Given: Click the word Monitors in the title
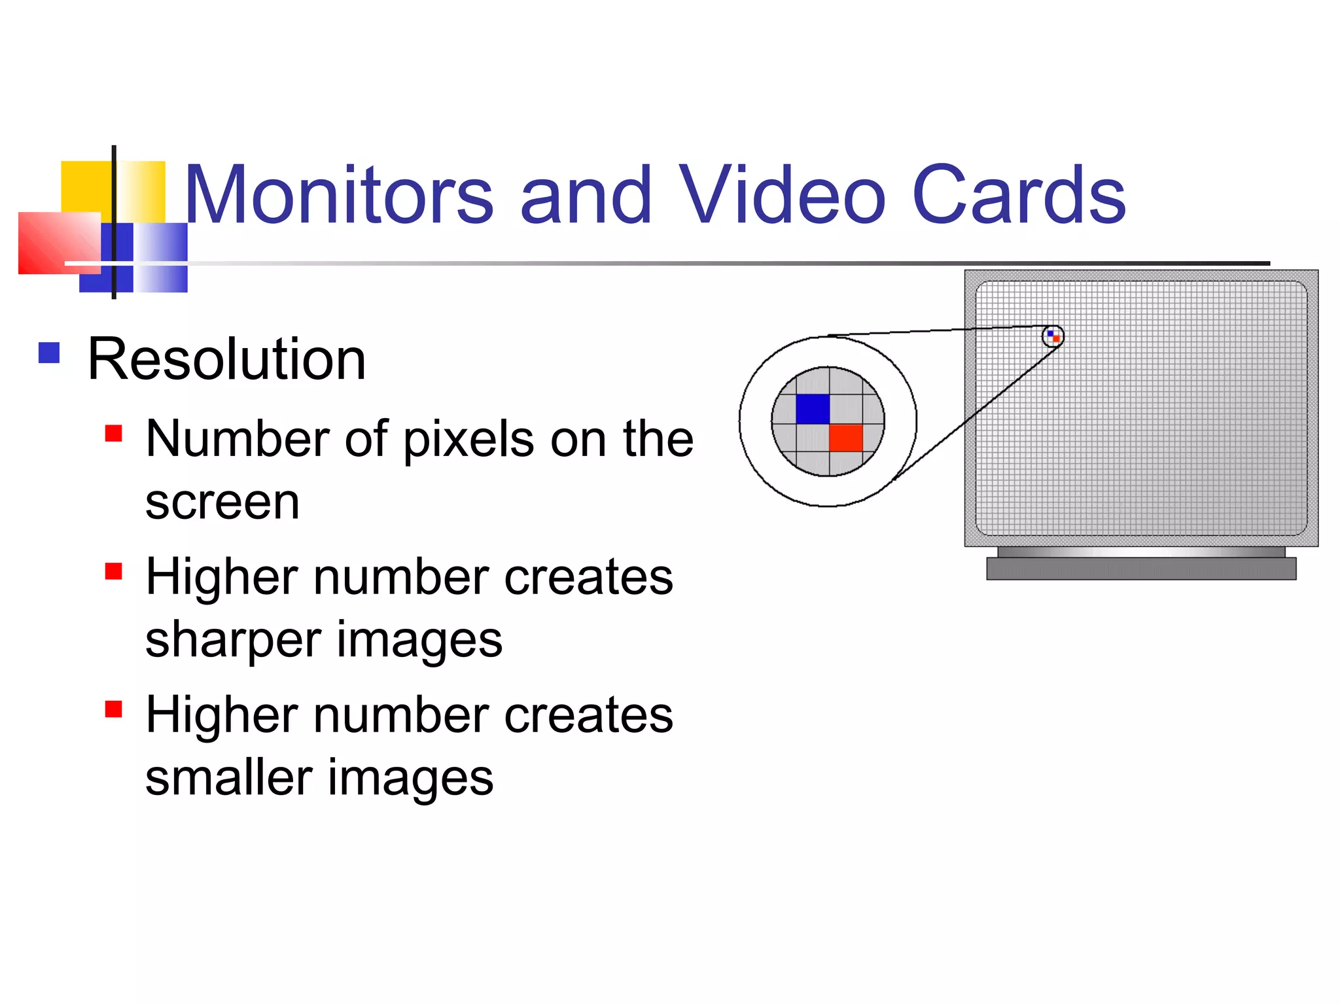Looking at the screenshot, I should tap(338, 195).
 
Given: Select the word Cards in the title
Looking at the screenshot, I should tap(1019, 195).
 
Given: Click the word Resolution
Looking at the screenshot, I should tap(226, 359).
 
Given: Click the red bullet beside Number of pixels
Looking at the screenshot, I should tap(114, 434).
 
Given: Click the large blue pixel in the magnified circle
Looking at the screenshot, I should tap(813, 409).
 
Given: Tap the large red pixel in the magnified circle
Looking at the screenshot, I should tap(846, 438).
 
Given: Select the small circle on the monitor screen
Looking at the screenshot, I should tap(1053, 336).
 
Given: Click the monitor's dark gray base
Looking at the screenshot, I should tap(1141, 569).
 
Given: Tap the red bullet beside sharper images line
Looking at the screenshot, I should tap(114, 572).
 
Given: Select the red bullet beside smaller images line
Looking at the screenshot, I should tap(114, 709).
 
